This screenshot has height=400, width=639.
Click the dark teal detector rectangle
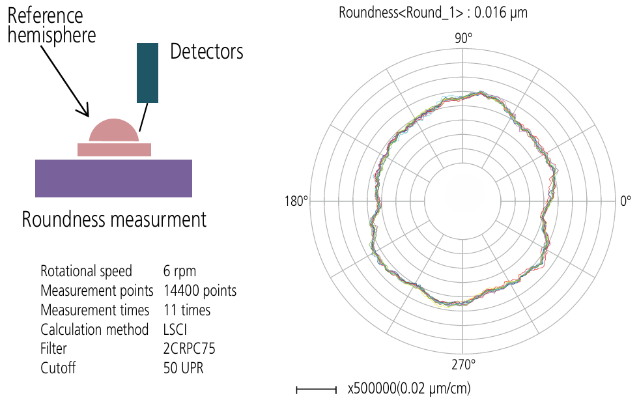coord(147,73)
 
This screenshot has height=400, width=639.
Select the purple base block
coord(114,179)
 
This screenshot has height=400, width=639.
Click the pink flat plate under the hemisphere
coord(115,150)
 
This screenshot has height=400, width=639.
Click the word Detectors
coord(206,51)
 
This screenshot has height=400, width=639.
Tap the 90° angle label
coord(463,38)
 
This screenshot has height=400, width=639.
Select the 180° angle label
coord(296,201)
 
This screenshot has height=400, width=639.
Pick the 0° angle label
coord(625,201)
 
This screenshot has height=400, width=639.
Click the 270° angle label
coord(463,365)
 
